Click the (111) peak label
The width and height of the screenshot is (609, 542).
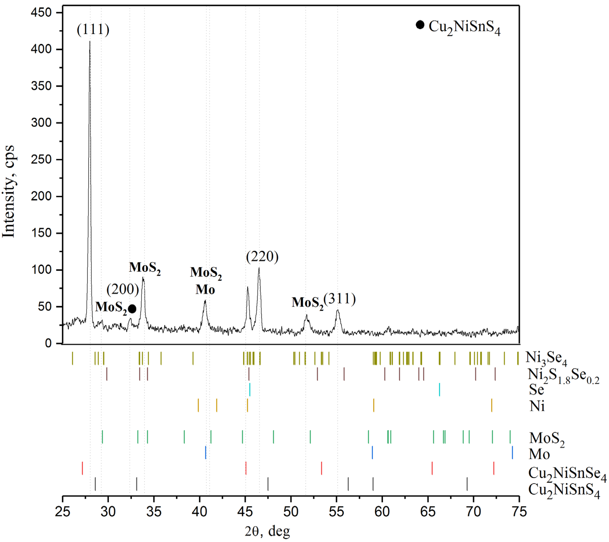(93, 30)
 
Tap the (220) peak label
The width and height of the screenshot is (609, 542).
(262, 257)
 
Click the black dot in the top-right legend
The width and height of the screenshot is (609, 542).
(420, 25)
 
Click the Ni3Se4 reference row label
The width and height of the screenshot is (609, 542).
(546, 359)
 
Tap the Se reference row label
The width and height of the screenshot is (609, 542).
(536, 389)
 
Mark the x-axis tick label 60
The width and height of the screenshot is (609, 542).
(382, 512)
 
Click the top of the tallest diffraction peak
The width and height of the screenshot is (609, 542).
(90, 42)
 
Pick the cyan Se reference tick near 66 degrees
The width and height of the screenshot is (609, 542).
(439, 389)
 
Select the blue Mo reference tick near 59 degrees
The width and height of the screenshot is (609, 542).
(372, 453)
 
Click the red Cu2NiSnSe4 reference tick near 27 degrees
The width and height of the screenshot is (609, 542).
(82, 468)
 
